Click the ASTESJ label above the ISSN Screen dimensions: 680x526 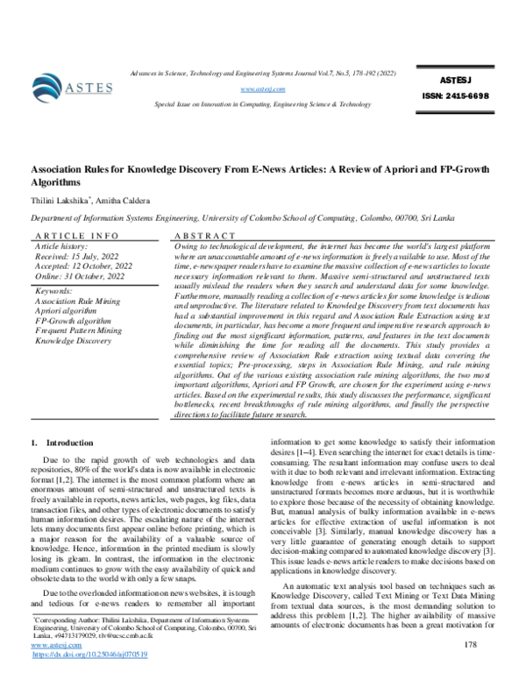(452, 77)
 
